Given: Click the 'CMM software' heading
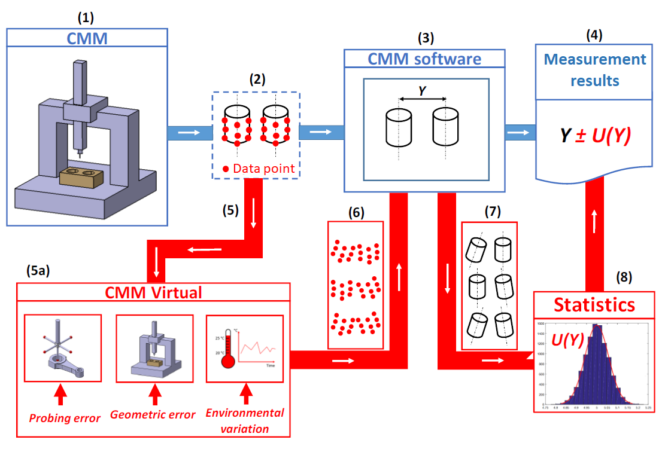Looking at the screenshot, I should point(424,59).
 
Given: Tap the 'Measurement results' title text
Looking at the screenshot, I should point(595,69).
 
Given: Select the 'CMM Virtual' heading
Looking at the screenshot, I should point(153,292).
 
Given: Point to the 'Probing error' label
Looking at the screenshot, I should point(65,418).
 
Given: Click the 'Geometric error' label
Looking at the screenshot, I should point(153,414).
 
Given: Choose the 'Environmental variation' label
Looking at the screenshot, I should point(245,420).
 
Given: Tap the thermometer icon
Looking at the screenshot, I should point(226,350).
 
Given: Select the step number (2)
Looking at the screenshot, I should point(256,78).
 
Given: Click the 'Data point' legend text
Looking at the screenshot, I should point(263,169).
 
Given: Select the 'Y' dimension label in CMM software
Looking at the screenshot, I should point(422,91).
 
